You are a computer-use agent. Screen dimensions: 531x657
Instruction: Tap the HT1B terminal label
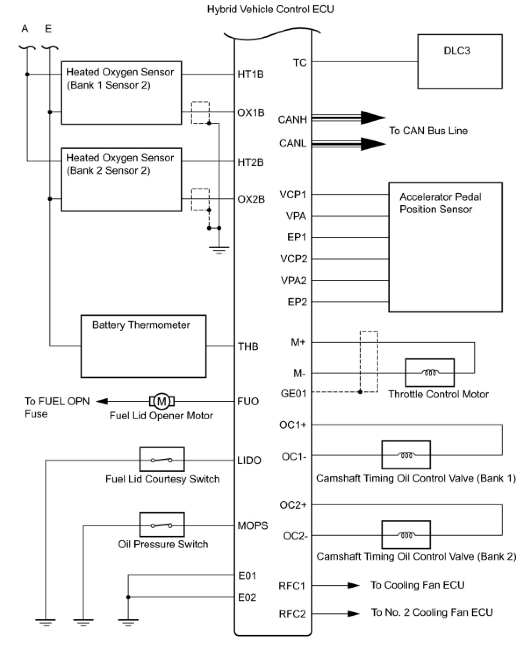(x=251, y=74)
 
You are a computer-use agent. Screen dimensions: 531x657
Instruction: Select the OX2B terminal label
(x=251, y=199)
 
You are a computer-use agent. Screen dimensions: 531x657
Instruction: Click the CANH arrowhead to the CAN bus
(x=373, y=118)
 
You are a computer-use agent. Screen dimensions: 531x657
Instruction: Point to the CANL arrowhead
(x=373, y=144)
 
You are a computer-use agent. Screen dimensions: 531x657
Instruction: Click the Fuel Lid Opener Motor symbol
(x=161, y=401)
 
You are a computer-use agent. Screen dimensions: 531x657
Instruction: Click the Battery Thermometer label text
(x=141, y=325)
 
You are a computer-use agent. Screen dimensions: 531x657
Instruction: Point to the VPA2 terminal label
(x=294, y=280)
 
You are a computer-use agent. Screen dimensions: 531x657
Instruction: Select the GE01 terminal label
(x=294, y=393)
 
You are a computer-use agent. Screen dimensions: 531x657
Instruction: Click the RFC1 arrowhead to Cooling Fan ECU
(x=354, y=586)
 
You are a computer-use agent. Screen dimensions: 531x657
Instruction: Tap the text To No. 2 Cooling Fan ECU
(x=432, y=612)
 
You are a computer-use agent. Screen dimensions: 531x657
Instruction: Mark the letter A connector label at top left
(x=25, y=29)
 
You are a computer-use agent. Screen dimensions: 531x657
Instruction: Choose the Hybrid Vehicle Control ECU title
(x=271, y=9)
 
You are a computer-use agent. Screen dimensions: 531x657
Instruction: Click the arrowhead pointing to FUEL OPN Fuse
(x=102, y=401)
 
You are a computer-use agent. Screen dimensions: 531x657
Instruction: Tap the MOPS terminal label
(x=252, y=525)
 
